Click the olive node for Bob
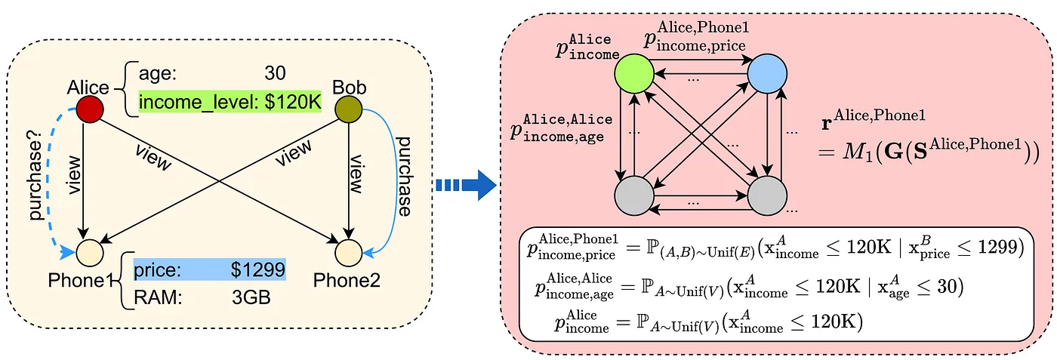[348, 109]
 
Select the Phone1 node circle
[89, 250]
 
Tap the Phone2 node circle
[348, 250]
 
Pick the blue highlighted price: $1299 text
[209, 269]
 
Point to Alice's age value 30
[275, 73]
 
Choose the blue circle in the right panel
[768, 75]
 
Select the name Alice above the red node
[88, 89]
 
